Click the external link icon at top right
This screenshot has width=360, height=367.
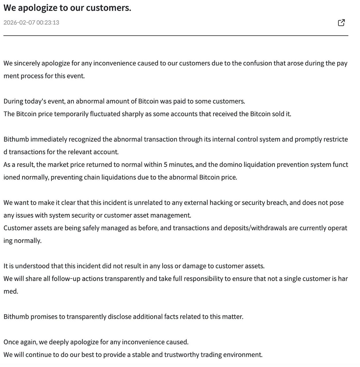[x=341, y=23]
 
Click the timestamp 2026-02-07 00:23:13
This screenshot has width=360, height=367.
[x=31, y=23]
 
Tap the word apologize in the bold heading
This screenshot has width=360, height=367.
[x=38, y=8]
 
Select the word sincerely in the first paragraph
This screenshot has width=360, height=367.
[x=27, y=63]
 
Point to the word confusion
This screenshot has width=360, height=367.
[x=257, y=63]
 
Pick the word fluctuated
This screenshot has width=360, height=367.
[x=105, y=114]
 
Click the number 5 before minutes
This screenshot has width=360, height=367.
[x=165, y=165]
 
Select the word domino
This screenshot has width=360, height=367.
[x=231, y=165]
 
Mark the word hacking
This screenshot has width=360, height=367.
[x=221, y=203]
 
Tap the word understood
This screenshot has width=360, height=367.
[x=32, y=266]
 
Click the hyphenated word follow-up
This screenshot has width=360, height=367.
[x=66, y=279]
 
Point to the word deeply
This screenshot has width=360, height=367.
[x=58, y=342]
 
